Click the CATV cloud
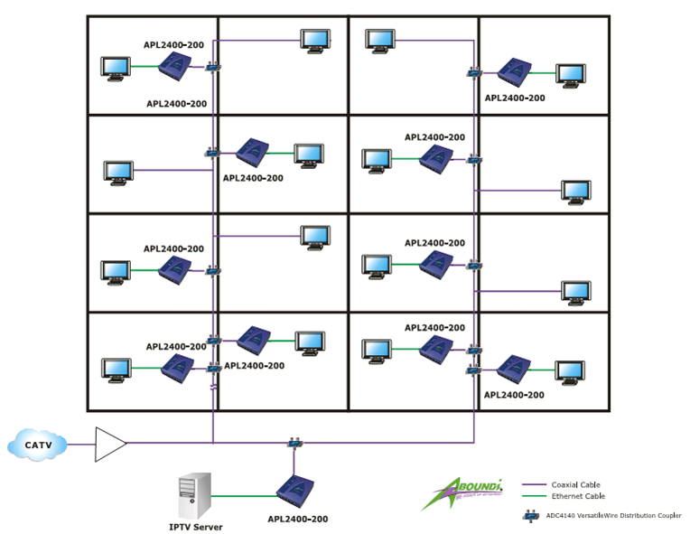[x=37, y=445]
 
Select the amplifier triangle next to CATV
[x=110, y=444]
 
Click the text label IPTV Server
[x=195, y=527]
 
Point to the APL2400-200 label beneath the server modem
[x=297, y=520]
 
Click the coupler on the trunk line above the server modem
[x=294, y=443]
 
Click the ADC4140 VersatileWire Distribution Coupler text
[x=613, y=516]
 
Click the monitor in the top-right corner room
[x=570, y=74]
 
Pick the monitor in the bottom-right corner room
[x=570, y=371]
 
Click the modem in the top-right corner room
[x=514, y=70]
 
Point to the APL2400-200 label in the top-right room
[x=515, y=98]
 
